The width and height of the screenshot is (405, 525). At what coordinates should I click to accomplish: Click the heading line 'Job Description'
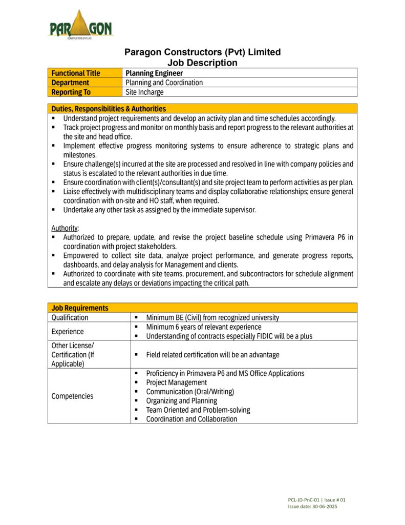[203, 63]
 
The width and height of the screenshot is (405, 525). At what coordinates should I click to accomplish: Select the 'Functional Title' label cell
[76, 73]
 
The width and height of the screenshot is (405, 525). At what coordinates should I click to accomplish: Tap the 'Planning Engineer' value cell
[154, 73]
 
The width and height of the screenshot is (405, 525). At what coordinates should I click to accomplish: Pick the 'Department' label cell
[70, 83]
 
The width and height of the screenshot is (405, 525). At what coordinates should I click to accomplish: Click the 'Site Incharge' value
[145, 92]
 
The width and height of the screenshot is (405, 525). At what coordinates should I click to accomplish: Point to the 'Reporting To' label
[71, 92]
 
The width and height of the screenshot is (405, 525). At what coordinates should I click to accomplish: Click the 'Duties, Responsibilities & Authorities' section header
[109, 109]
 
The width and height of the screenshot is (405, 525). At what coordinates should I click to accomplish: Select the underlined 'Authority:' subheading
[65, 228]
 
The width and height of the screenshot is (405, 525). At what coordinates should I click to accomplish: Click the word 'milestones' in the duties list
[80, 155]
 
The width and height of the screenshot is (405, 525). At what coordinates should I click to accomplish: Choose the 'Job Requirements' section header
[80, 308]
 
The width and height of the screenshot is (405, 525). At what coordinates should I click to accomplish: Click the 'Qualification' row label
[70, 317]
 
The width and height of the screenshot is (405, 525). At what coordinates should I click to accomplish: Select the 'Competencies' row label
[72, 396]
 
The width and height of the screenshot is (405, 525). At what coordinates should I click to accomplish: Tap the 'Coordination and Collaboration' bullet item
[191, 419]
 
